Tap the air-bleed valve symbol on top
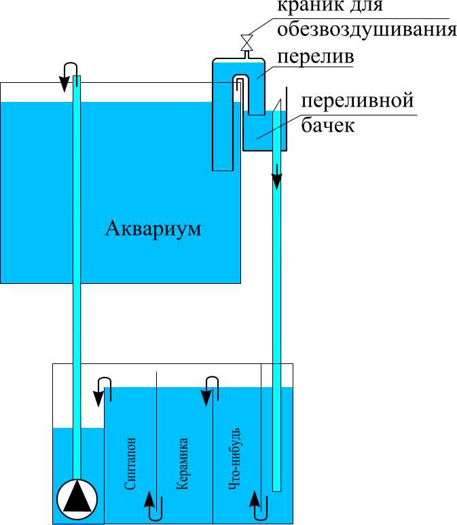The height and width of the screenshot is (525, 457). click(x=247, y=43)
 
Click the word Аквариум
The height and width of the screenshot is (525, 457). click(x=153, y=229)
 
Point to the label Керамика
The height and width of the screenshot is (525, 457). click(x=182, y=464)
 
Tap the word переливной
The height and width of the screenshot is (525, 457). click(x=357, y=102)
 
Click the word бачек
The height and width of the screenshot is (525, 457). click(x=329, y=126)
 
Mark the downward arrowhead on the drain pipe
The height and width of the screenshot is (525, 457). click(x=277, y=181)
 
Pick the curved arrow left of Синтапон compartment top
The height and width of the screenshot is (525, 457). click(x=102, y=388)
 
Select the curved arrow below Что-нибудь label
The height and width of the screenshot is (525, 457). click(x=257, y=505)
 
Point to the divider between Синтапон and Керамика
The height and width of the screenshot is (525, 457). click(x=157, y=441)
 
